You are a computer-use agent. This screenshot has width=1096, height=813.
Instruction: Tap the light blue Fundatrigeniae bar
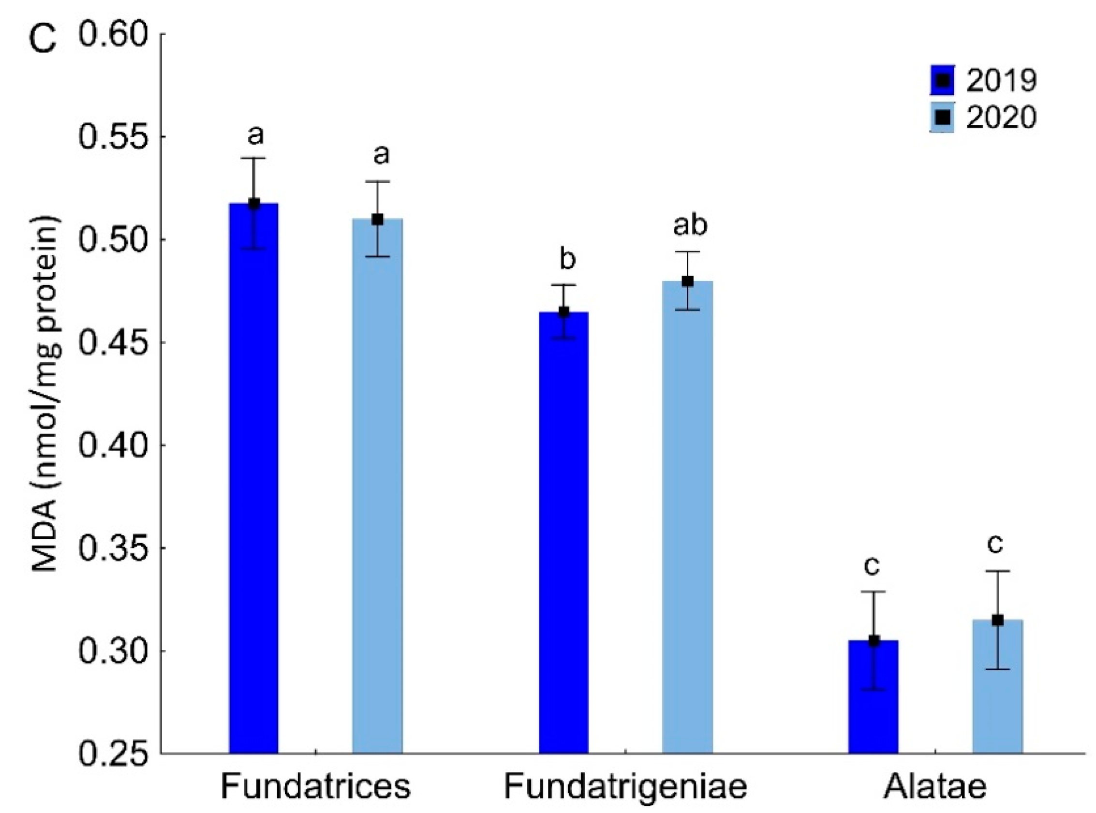(687, 517)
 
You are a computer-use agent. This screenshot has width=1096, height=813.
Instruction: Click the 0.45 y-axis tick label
(113, 342)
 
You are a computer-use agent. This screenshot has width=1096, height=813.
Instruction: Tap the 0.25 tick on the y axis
(113, 754)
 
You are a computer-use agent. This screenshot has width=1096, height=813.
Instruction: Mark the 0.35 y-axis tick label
(113, 548)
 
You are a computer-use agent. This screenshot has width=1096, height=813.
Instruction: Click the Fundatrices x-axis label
(315, 786)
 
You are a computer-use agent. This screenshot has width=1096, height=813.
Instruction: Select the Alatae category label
(934, 786)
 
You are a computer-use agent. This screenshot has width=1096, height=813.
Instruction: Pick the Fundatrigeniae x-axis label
(625, 786)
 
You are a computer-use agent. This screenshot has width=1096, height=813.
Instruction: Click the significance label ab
(690, 226)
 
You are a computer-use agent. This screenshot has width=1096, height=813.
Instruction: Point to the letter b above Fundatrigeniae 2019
(567, 259)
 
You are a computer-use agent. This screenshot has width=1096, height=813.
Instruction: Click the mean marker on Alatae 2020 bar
(997, 620)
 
